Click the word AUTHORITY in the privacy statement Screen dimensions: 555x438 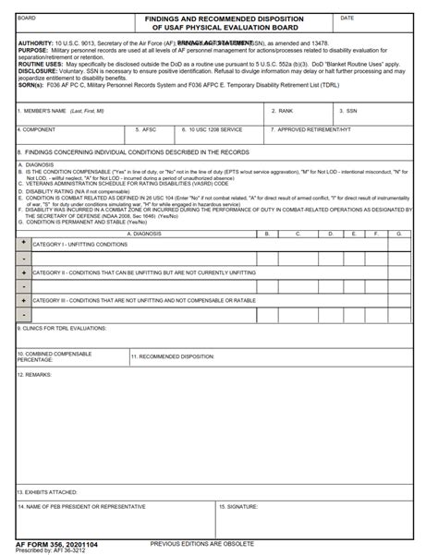coord(36,42)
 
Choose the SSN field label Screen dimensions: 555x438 coord(351,111)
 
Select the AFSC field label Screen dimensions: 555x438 coord(148,130)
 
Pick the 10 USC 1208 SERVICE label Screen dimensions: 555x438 coord(212,130)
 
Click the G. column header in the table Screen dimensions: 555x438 coord(398,234)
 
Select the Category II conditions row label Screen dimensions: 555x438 coord(144,272)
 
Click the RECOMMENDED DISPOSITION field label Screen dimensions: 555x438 coord(173,356)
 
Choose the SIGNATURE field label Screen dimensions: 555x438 coord(240,507)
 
